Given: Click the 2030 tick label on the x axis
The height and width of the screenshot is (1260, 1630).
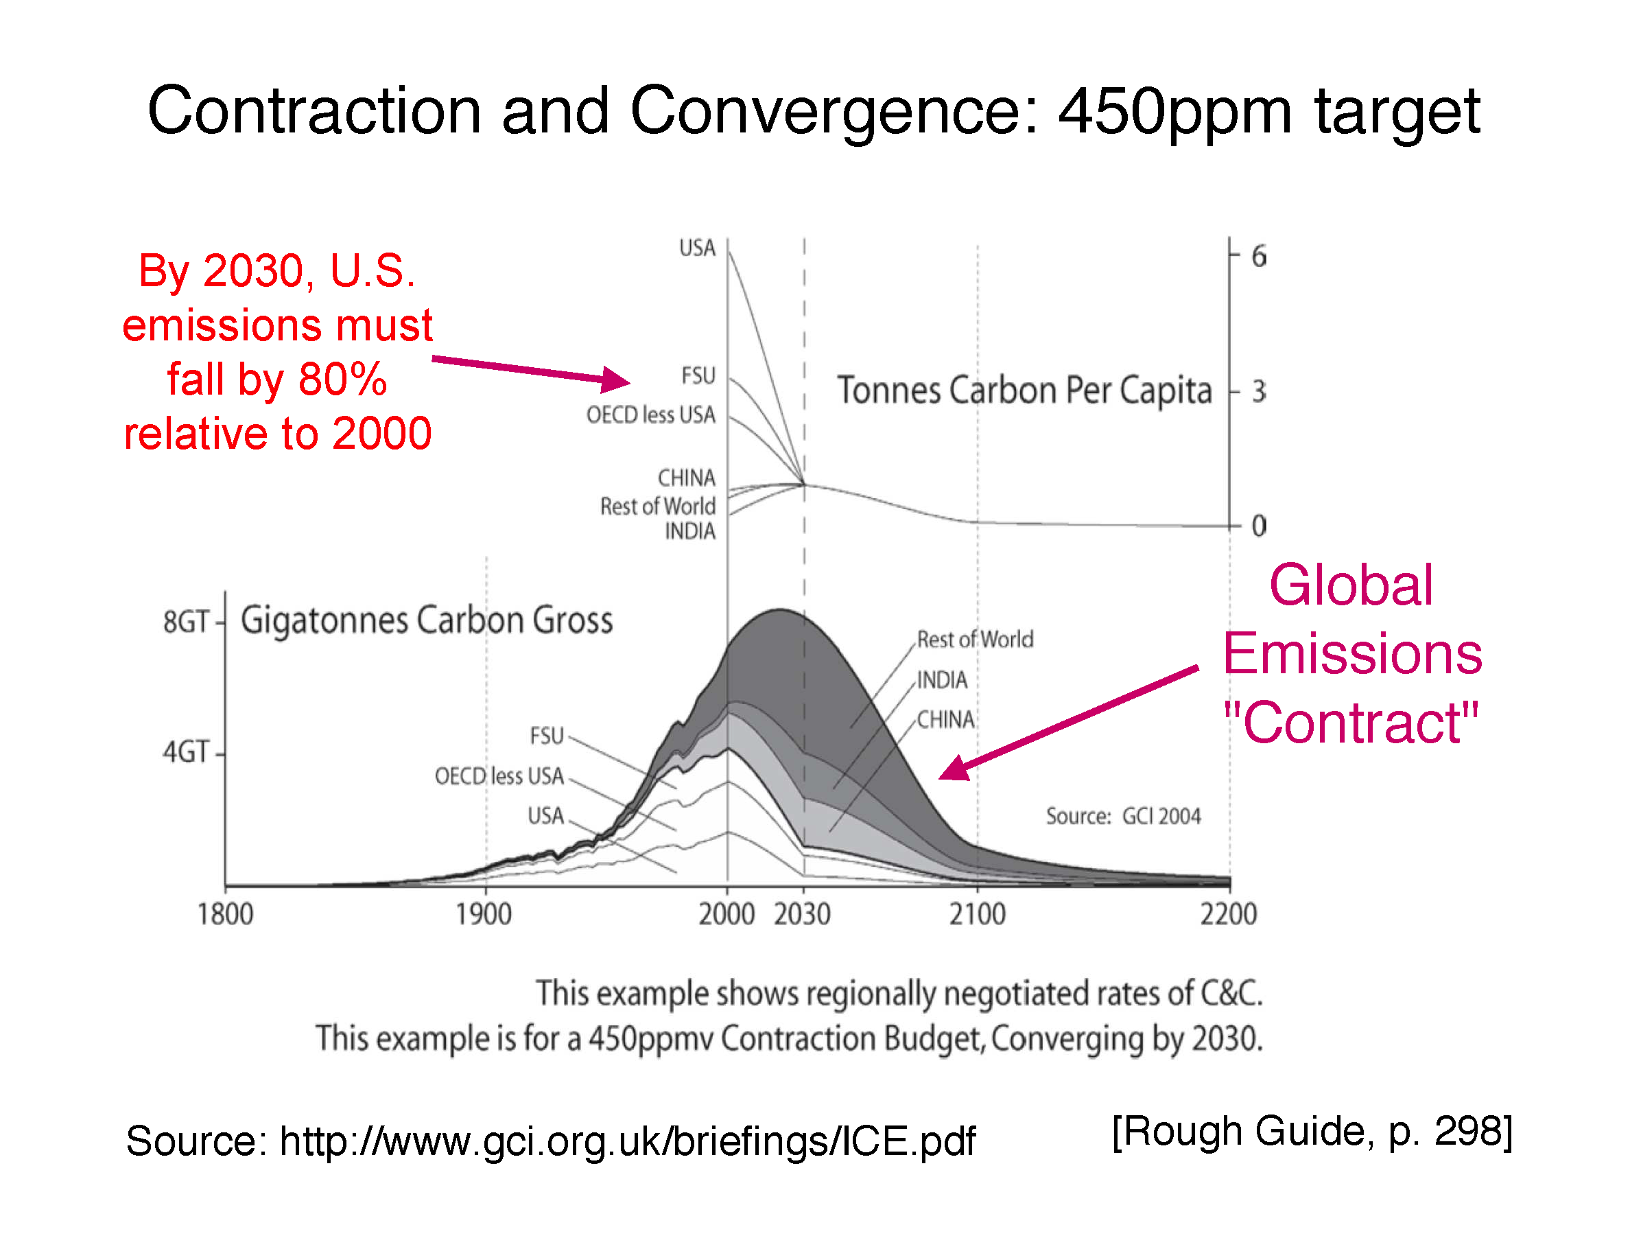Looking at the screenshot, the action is [803, 914].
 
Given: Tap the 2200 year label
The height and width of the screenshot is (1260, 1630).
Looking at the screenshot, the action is [1229, 914].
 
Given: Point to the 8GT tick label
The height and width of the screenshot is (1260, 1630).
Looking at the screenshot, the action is [186, 621].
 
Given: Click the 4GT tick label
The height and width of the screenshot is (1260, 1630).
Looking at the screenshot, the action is [186, 751].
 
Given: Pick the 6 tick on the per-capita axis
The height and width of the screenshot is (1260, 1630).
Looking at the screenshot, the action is [1258, 257].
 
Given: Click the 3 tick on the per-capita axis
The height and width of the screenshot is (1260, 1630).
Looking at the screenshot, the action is [1258, 391].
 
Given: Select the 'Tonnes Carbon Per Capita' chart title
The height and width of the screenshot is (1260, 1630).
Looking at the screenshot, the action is [1024, 391].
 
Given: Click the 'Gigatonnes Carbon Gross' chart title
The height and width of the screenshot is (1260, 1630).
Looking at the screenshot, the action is [427, 620].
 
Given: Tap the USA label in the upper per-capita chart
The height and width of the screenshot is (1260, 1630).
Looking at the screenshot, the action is [697, 248].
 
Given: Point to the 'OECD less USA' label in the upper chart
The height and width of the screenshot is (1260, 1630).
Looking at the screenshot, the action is [650, 415].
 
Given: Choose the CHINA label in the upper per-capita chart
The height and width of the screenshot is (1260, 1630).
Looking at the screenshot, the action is [686, 478].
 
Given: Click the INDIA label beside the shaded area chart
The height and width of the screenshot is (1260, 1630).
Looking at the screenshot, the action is [942, 680].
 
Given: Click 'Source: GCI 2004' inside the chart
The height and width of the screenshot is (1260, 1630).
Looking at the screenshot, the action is [1123, 816].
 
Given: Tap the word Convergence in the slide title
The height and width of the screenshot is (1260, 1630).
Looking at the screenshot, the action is [824, 112].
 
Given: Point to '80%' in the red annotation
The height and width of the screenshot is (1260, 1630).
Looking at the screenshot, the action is [342, 380].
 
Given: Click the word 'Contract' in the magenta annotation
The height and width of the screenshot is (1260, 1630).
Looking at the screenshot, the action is [1351, 723].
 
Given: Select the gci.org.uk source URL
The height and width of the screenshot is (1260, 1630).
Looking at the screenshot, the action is [627, 1141].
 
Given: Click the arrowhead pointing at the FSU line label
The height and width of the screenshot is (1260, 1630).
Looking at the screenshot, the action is [617, 380].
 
